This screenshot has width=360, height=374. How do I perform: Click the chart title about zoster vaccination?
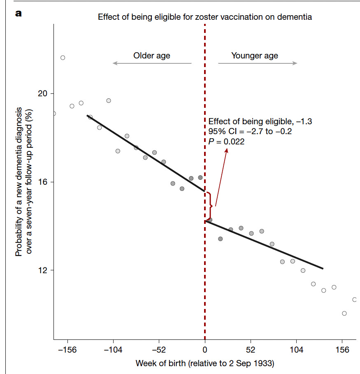click(x=204, y=17)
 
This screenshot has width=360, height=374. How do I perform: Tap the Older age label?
click(x=151, y=56)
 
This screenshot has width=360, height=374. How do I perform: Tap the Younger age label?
click(x=255, y=56)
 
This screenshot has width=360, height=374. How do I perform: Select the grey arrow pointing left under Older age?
click(x=152, y=63)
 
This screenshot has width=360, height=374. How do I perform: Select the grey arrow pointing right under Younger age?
click(x=258, y=63)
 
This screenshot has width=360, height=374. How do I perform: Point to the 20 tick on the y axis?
click(x=43, y=93)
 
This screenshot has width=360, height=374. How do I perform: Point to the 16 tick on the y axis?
click(x=43, y=182)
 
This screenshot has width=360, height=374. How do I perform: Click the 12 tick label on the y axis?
click(x=43, y=270)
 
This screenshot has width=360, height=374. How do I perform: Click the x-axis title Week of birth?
click(x=204, y=364)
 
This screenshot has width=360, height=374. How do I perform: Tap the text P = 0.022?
click(x=226, y=142)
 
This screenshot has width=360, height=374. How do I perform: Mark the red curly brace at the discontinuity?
click(x=210, y=206)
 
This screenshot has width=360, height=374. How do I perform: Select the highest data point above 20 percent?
click(x=63, y=58)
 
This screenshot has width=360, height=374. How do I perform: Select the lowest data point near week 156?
click(x=344, y=314)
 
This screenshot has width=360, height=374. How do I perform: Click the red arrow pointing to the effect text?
click(x=221, y=177)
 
